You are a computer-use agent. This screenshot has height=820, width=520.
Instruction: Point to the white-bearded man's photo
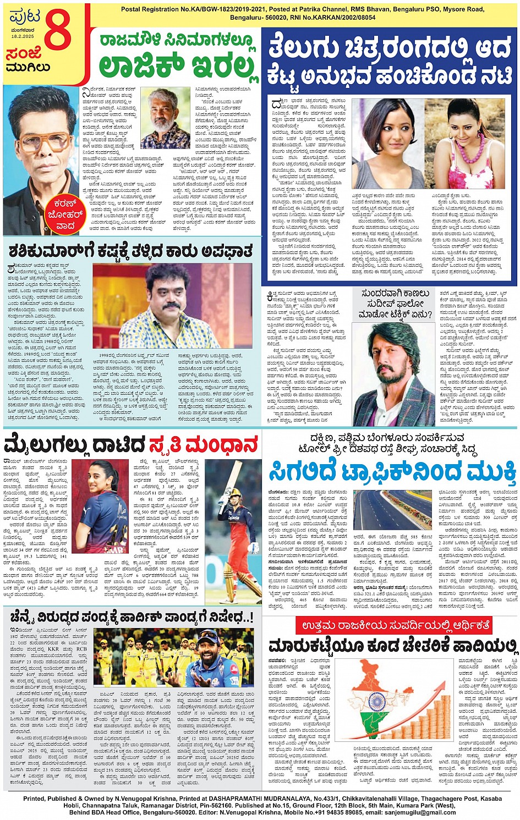[165, 119]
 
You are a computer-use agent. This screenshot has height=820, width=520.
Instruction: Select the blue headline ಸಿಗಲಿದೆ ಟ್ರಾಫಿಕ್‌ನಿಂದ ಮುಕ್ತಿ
[392, 472]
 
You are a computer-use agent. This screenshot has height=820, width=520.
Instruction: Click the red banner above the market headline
[392, 625]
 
